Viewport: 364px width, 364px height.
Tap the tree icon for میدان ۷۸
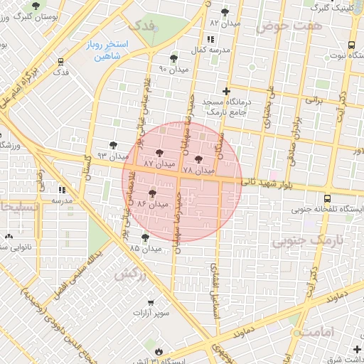198,159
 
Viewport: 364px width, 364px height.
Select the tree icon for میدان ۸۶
152,193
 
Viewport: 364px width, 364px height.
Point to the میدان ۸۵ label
145,248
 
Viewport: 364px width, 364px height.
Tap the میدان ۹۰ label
173,69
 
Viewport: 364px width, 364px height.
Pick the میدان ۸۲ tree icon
225,12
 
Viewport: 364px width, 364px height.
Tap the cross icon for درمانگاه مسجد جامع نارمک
226,91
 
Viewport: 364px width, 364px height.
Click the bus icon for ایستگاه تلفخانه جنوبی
326,198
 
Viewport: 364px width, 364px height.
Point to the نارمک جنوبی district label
307,241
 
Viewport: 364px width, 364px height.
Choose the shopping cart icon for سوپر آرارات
149,301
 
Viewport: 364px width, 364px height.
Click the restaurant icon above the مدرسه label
62,190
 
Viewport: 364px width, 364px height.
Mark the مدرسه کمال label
208,52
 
